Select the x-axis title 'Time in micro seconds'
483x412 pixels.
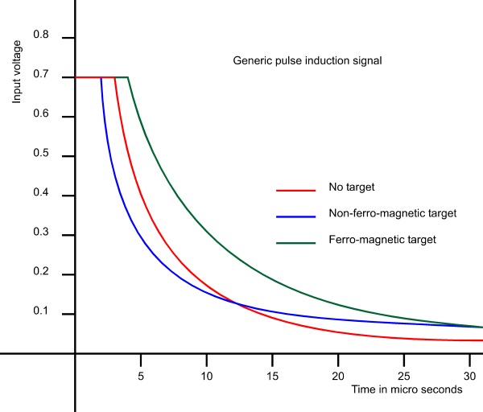tap(407, 389)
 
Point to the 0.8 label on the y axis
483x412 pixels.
tap(41, 37)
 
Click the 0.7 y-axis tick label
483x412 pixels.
tap(41, 76)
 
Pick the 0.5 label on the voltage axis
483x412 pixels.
tap(41, 155)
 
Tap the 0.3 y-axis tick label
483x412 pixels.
tap(41, 235)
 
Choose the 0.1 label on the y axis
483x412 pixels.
tap(41, 314)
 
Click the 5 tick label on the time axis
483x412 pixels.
tap(141, 376)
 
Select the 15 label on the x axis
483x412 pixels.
tap(272, 376)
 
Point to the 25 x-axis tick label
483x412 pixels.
tap(404, 376)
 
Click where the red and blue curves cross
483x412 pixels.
tap(237, 303)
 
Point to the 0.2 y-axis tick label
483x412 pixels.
tap(41, 274)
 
